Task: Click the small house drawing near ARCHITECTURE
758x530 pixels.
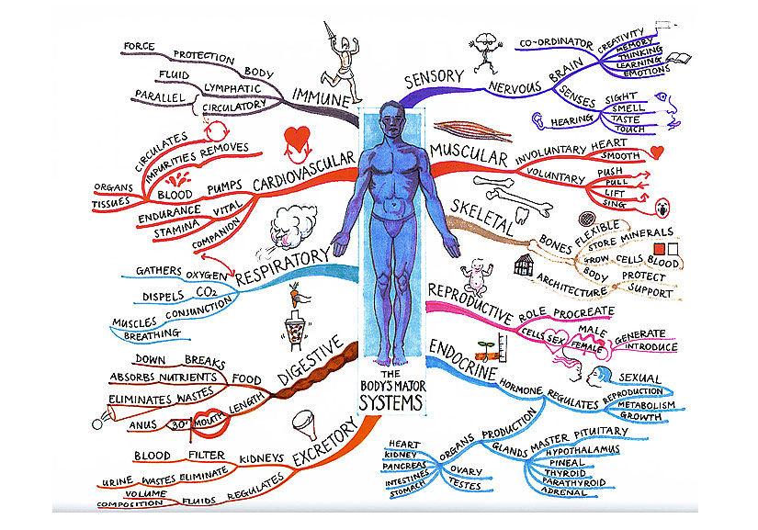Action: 526,267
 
